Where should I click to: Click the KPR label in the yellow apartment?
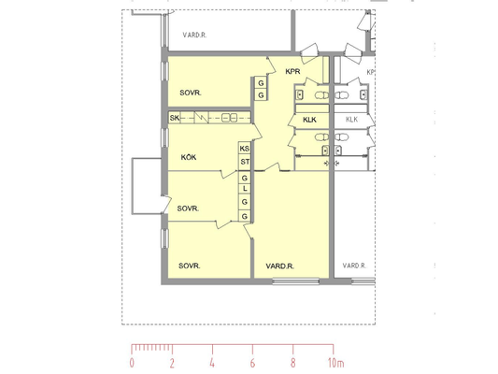(x=292, y=71)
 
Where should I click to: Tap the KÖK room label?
(x=189, y=157)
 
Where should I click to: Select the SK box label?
(x=175, y=118)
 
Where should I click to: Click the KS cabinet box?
(x=245, y=149)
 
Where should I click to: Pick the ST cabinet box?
(x=245, y=162)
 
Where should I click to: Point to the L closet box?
(x=245, y=189)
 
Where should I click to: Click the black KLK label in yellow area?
(x=309, y=120)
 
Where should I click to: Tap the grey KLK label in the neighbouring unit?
(x=351, y=120)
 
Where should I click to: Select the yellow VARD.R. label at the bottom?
(x=279, y=266)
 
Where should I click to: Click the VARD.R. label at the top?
(x=194, y=35)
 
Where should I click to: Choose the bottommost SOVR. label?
(x=190, y=266)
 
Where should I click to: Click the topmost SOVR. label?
(x=191, y=93)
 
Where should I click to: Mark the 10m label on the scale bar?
(x=336, y=363)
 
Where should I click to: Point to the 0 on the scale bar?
(x=132, y=363)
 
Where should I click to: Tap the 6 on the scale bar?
(x=252, y=363)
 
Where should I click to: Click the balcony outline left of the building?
(x=132, y=186)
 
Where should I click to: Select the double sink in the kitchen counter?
(x=229, y=118)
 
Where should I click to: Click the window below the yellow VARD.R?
(x=295, y=281)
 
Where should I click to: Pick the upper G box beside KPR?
(x=261, y=83)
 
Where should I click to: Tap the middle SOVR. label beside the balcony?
(x=188, y=209)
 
